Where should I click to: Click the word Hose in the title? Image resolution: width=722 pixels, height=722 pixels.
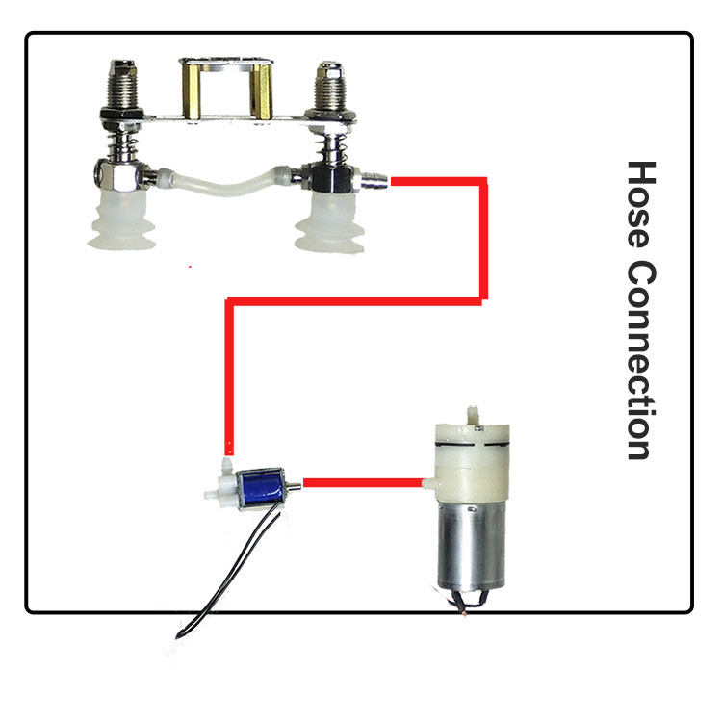coord(641,204)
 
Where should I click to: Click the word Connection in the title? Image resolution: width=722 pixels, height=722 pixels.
coord(641,361)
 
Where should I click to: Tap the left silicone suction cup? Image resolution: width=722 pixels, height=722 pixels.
coord(121,220)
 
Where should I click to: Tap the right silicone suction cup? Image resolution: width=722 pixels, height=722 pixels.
coord(329,223)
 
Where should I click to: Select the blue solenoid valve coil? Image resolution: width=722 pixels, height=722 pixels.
coord(261,489)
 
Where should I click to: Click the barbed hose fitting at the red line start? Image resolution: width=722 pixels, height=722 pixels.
coord(374,181)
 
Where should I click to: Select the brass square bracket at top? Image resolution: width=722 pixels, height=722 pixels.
coord(226,90)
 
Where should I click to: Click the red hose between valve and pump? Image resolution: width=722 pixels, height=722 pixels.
coord(363,482)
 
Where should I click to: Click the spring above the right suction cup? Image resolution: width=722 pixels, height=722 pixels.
coord(329,146)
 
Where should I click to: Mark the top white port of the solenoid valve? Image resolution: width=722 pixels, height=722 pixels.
coord(226,467)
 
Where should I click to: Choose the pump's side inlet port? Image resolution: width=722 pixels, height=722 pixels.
coord(429,482)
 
